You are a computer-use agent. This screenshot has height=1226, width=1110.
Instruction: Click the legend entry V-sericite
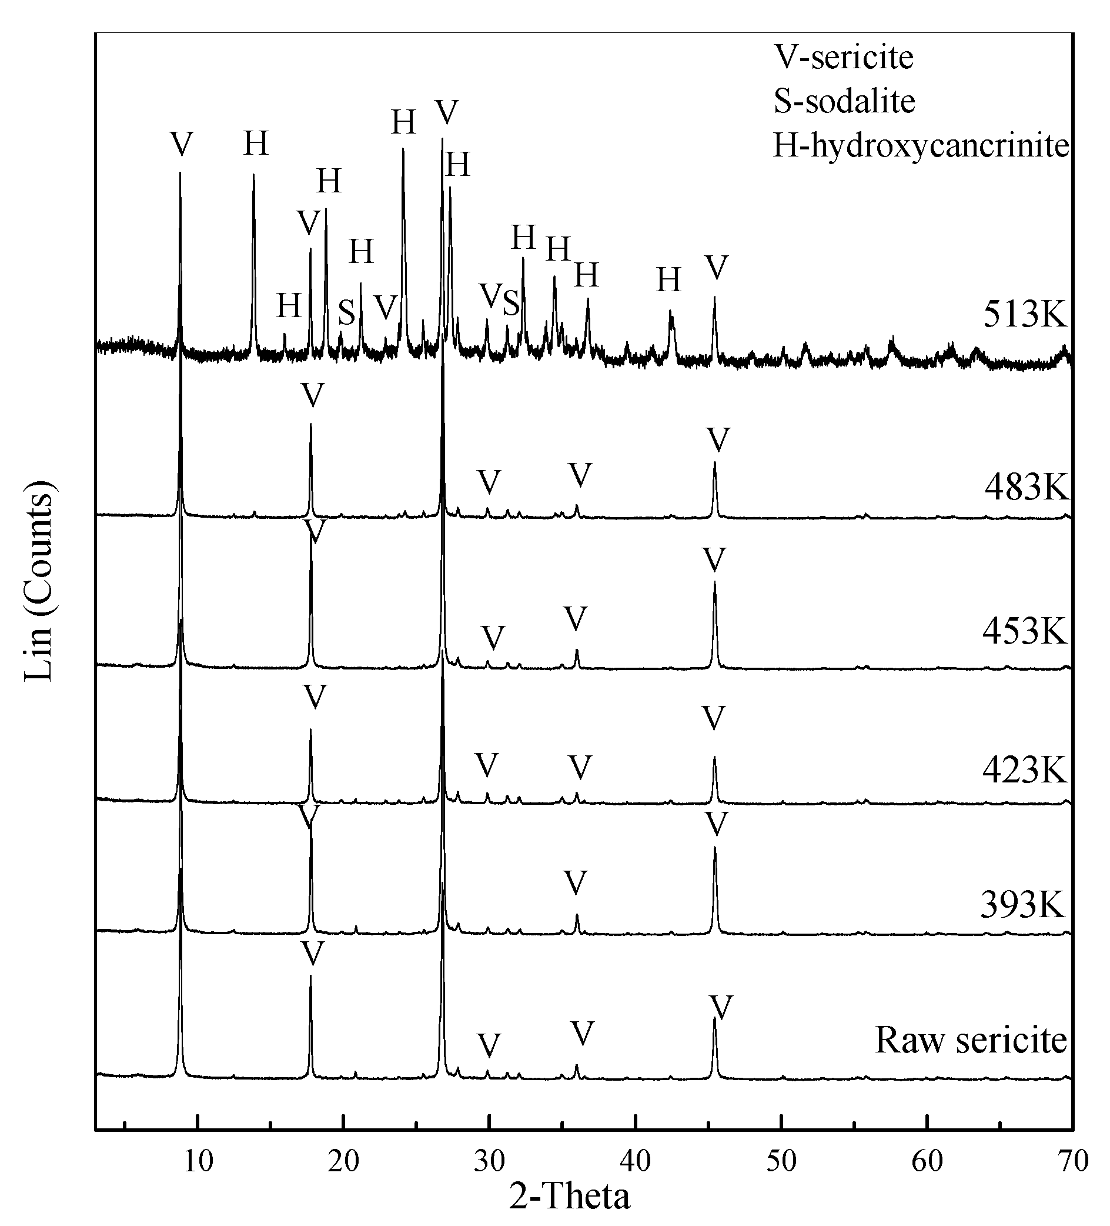(x=843, y=58)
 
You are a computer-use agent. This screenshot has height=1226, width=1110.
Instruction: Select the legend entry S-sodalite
(x=844, y=101)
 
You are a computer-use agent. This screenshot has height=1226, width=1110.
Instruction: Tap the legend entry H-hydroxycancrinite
(x=920, y=146)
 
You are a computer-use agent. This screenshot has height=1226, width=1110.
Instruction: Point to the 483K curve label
(x=1026, y=487)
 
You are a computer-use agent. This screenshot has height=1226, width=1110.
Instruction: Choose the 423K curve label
(x=1024, y=771)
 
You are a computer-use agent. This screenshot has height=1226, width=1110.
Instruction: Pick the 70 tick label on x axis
(x=1072, y=1161)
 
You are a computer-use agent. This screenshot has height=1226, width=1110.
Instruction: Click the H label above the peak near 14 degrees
(x=256, y=145)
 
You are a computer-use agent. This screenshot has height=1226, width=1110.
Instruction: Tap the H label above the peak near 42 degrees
(x=668, y=281)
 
